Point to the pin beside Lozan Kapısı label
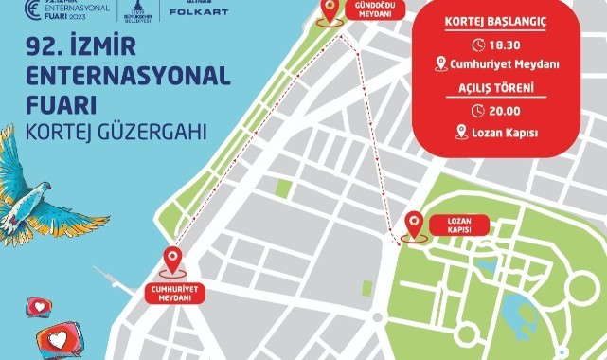[414, 225]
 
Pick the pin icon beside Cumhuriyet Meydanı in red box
[440, 64]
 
